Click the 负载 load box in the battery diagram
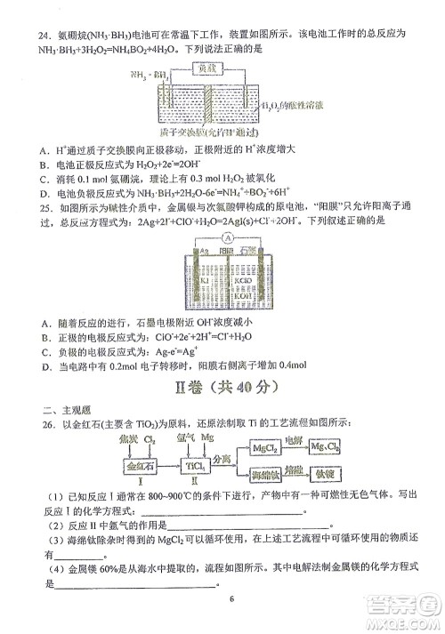tap(207, 68)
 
